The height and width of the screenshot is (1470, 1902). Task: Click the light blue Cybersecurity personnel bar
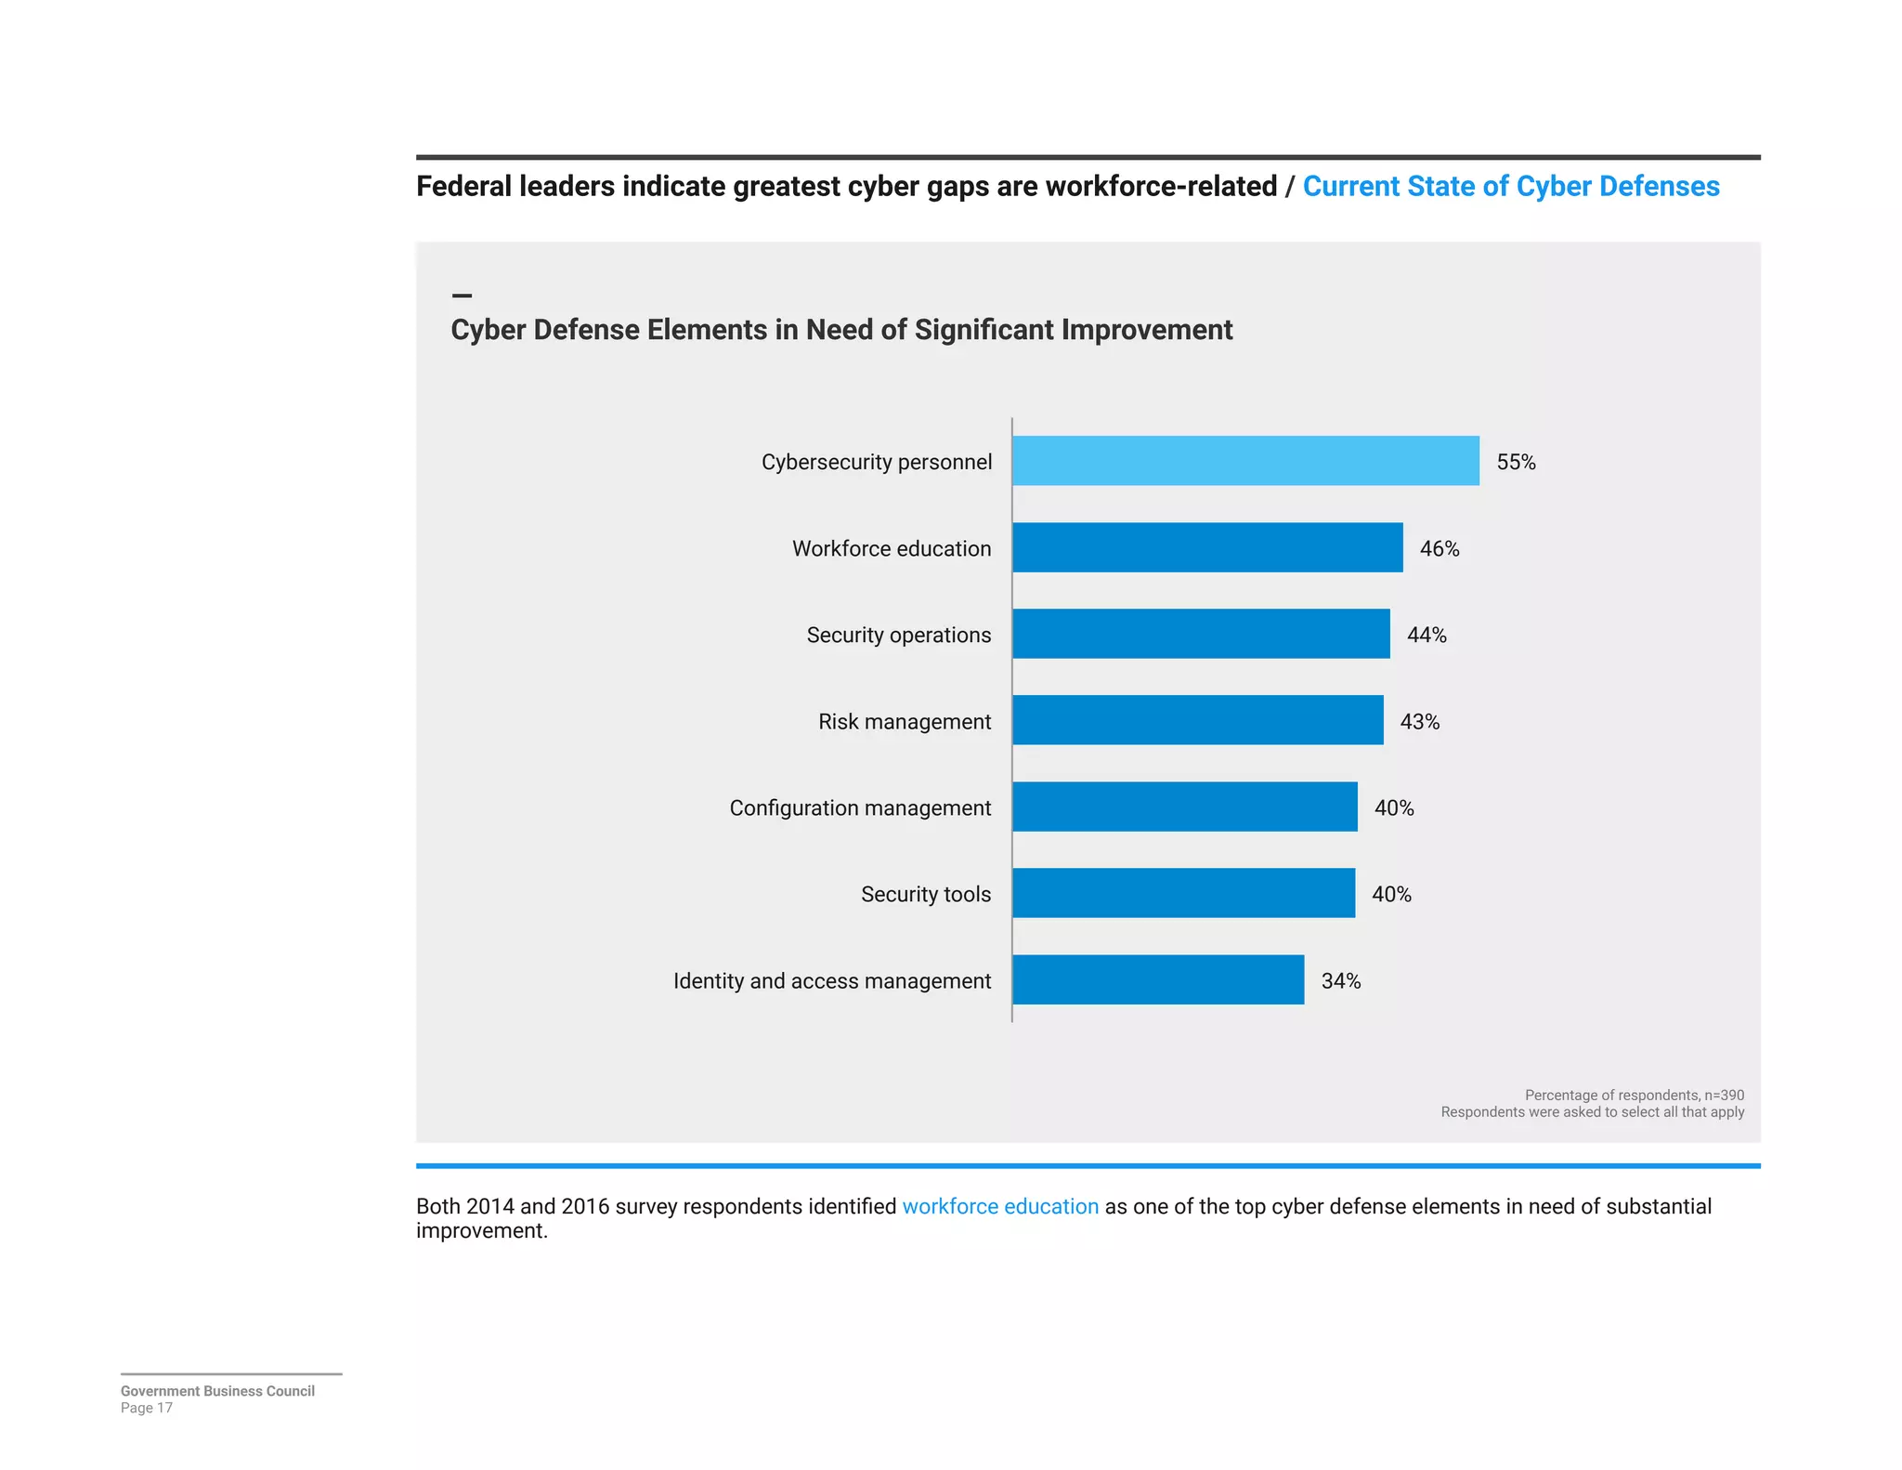click(1244, 461)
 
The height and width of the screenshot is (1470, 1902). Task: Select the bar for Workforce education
click(1206, 547)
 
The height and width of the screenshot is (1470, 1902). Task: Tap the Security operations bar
click(1200, 634)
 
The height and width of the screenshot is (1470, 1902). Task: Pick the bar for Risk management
click(1197, 720)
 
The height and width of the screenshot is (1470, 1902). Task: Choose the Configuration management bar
click(1184, 807)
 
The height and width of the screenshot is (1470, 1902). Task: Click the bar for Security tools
click(1183, 893)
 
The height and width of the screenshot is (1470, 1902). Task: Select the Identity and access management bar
click(1157, 979)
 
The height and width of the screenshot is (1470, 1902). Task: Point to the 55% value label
click(1516, 462)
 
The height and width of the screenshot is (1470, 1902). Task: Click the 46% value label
click(1439, 548)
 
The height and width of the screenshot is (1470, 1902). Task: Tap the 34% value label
click(1340, 980)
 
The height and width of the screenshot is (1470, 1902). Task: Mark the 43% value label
click(1419, 721)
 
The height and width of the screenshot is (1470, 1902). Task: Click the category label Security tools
click(925, 894)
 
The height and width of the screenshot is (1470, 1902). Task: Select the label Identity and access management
click(831, 980)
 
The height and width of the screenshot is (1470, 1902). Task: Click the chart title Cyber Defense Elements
click(841, 330)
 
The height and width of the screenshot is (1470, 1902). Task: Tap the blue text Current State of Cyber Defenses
click(1510, 186)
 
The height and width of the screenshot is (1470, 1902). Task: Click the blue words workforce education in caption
click(1000, 1206)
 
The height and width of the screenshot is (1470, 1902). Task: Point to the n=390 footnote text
click(1634, 1095)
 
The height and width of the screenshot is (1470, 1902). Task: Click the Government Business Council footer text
click(217, 1390)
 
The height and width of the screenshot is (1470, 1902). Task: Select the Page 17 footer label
click(147, 1408)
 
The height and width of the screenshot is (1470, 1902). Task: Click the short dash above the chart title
click(462, 295)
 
